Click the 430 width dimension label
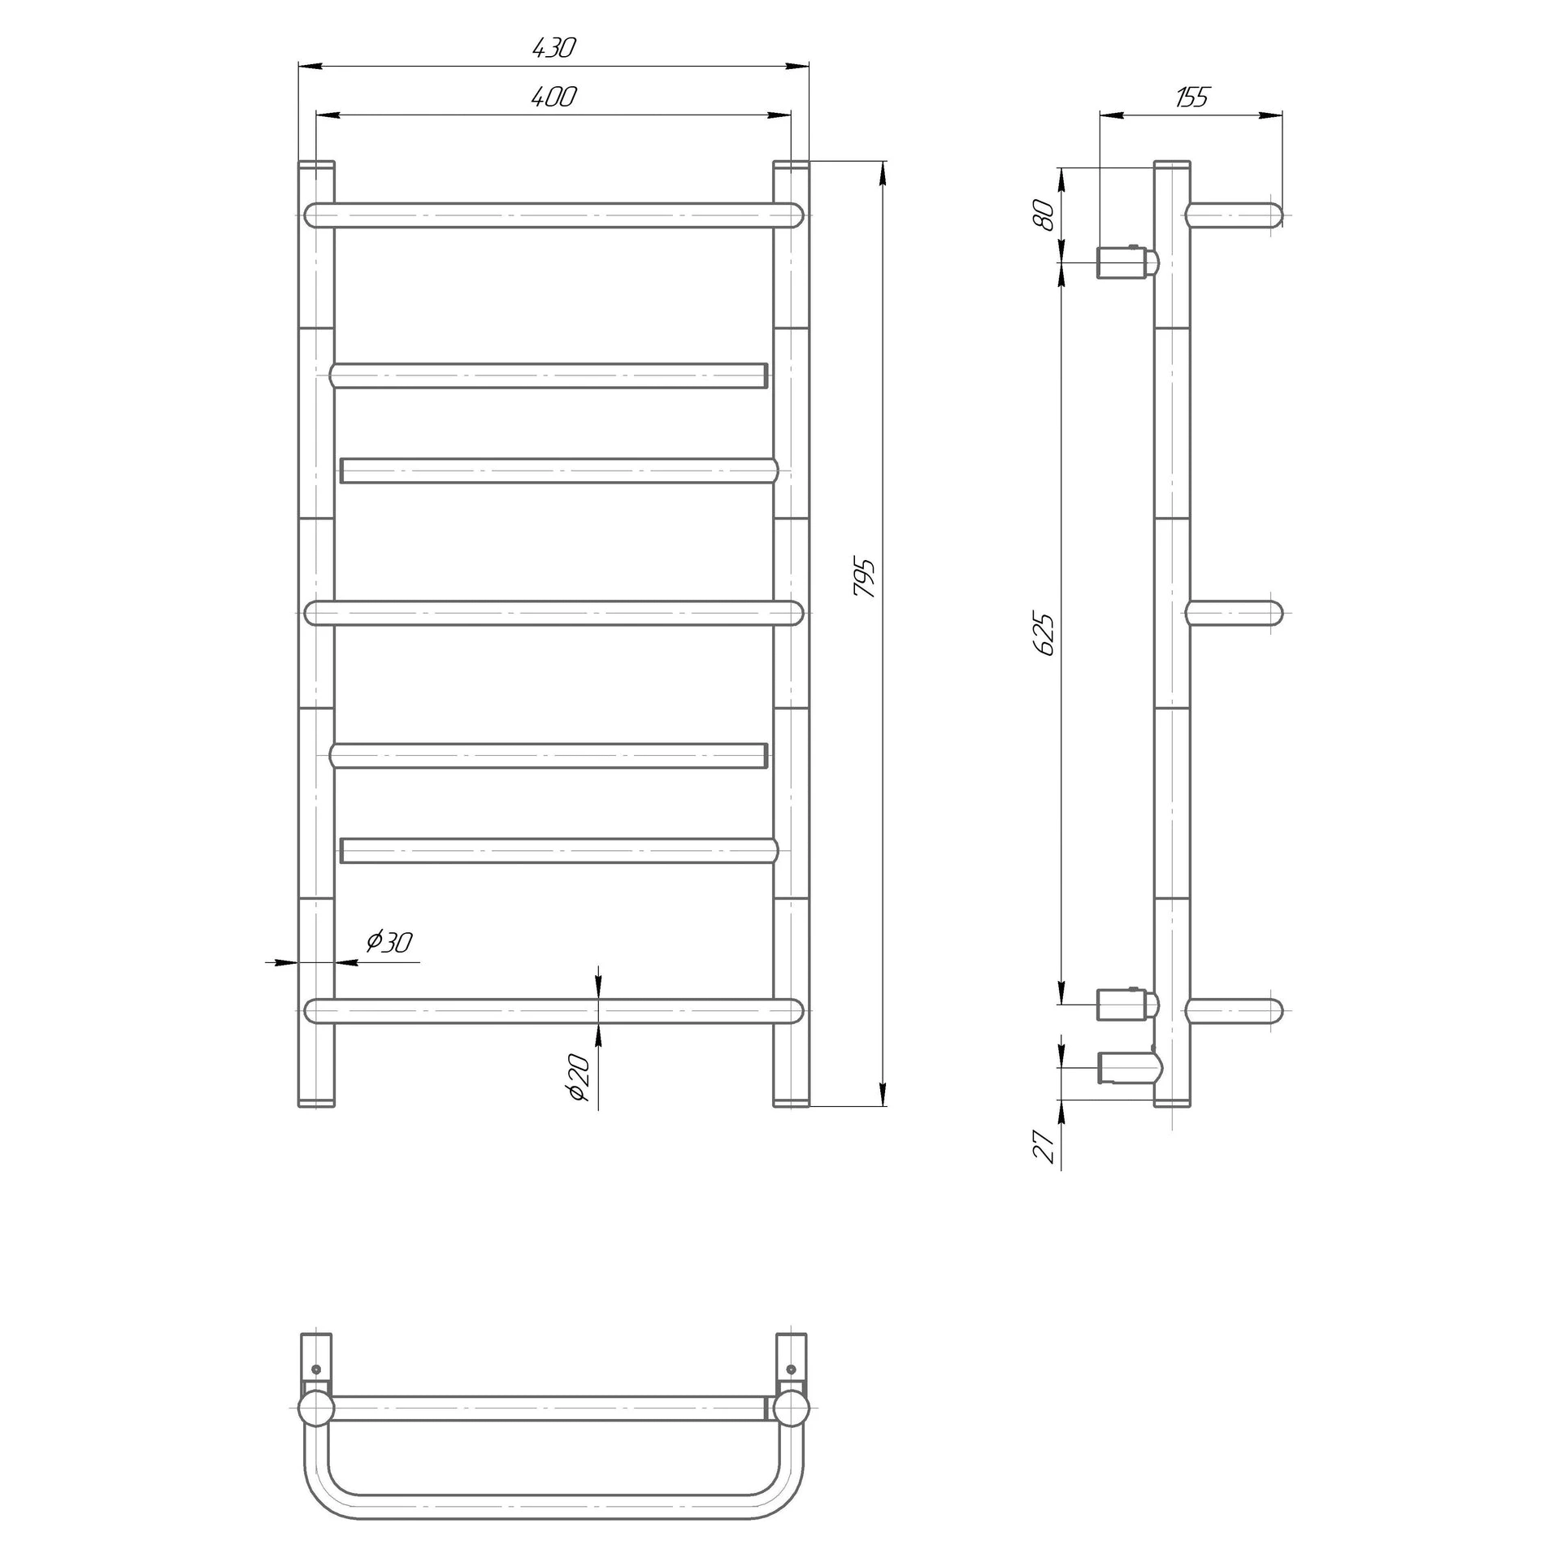553,48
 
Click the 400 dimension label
553,98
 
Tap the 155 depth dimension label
1192,98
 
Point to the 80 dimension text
1046,215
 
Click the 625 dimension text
1046,635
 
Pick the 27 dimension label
1046,1148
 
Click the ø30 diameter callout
388,942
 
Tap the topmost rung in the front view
553,215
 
